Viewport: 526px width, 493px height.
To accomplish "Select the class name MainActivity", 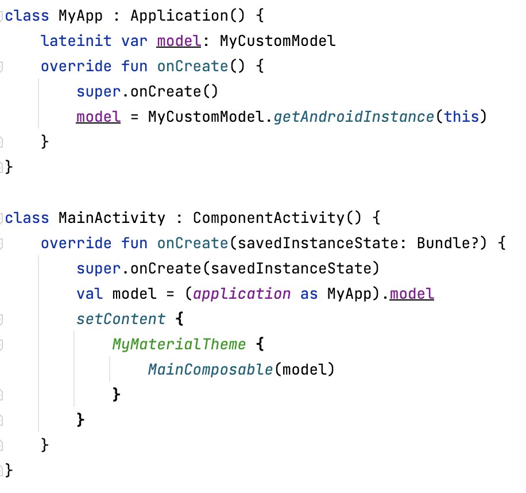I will tap(111, 218).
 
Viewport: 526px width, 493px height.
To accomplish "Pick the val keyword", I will tap(90, 294).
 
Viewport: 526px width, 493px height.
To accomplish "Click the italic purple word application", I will tap(242, 294).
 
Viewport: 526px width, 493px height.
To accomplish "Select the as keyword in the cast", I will tap(309, 294).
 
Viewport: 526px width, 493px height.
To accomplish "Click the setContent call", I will tap(121, 319).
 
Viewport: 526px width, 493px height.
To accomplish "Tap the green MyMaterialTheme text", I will tap(179, 344).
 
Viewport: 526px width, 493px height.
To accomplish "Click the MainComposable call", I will tap(210, 369).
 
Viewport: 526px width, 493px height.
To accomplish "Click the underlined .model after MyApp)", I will tap(412, 294).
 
